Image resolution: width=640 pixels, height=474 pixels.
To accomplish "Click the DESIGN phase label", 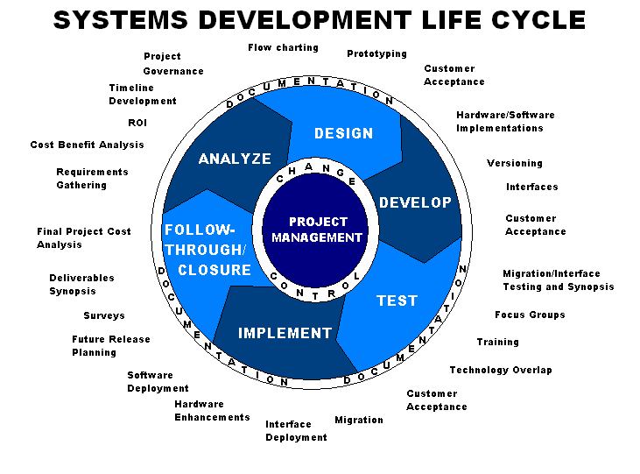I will [343, 133].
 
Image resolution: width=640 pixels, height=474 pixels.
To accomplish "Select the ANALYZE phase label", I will [235, 159].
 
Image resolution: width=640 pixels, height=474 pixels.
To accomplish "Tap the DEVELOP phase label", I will [415, 202].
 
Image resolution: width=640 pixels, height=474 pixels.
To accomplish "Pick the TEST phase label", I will [397, 301].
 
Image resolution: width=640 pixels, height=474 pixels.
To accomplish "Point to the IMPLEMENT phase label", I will [285, 333].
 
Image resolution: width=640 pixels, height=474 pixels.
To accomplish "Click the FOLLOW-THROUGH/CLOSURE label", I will [207, 250].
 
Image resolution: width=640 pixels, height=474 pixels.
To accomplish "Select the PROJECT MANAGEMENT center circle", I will [317, 230].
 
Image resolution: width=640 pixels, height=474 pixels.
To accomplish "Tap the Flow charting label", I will [283, 47].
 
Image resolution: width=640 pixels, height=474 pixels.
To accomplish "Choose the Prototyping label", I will [376, 53].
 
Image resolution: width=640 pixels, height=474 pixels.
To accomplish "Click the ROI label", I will [137, 123].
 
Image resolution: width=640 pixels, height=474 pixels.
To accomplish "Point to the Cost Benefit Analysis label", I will [87, 145].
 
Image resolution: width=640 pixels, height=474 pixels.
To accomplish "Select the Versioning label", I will [514, 163].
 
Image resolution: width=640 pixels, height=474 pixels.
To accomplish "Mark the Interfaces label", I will [531, 187].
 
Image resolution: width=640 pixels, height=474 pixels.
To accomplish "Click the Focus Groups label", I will [530, 315].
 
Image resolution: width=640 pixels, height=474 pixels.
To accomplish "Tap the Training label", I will [497, 342].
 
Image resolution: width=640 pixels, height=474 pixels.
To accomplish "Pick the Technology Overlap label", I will [501, 370].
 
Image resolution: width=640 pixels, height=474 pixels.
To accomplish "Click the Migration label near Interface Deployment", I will [359, 420].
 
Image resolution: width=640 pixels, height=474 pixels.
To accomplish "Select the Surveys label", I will [104, 315].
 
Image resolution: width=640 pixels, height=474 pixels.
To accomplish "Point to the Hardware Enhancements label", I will [212, 411].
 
